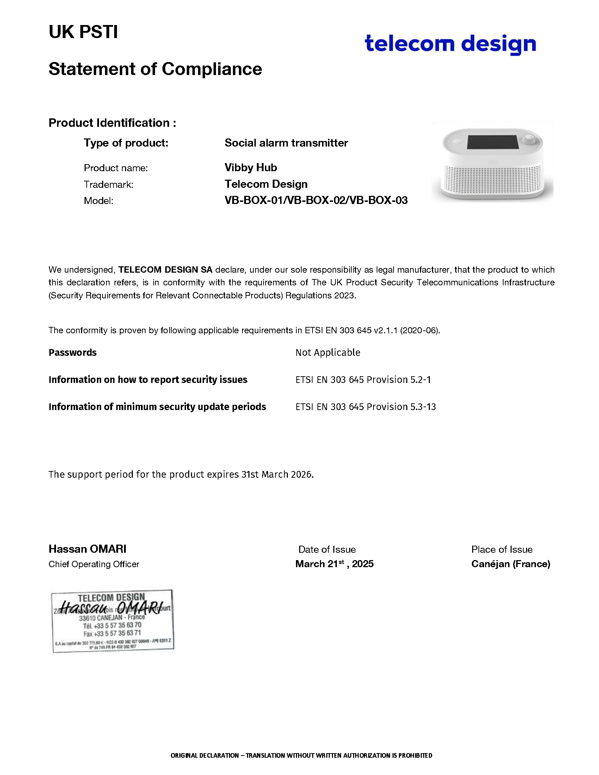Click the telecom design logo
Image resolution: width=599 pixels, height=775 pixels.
450,44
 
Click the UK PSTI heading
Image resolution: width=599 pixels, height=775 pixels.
83,32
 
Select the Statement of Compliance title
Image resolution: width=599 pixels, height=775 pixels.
155,69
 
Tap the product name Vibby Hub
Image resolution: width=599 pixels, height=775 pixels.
251,167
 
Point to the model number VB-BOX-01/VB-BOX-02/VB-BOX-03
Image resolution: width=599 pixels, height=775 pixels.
316,200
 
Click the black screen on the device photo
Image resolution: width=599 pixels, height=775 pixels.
493,142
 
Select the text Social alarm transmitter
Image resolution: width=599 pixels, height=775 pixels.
286,143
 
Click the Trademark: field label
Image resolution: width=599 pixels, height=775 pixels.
108,185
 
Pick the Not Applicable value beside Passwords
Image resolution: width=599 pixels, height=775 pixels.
328,352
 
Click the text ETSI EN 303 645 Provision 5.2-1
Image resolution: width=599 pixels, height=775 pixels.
363,380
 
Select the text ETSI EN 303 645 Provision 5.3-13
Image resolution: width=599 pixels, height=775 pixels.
365,407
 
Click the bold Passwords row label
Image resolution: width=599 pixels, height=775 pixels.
72,352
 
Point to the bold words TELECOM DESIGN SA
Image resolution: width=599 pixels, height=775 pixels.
165,270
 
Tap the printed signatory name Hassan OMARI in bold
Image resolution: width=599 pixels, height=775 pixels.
87,549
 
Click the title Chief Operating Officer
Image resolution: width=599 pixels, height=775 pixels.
94,564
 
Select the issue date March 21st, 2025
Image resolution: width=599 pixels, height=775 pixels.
334,564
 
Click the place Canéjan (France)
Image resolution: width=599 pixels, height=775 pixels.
510,564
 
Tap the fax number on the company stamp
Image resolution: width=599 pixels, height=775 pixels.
112,633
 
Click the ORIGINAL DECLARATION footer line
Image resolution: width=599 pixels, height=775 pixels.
301,756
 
